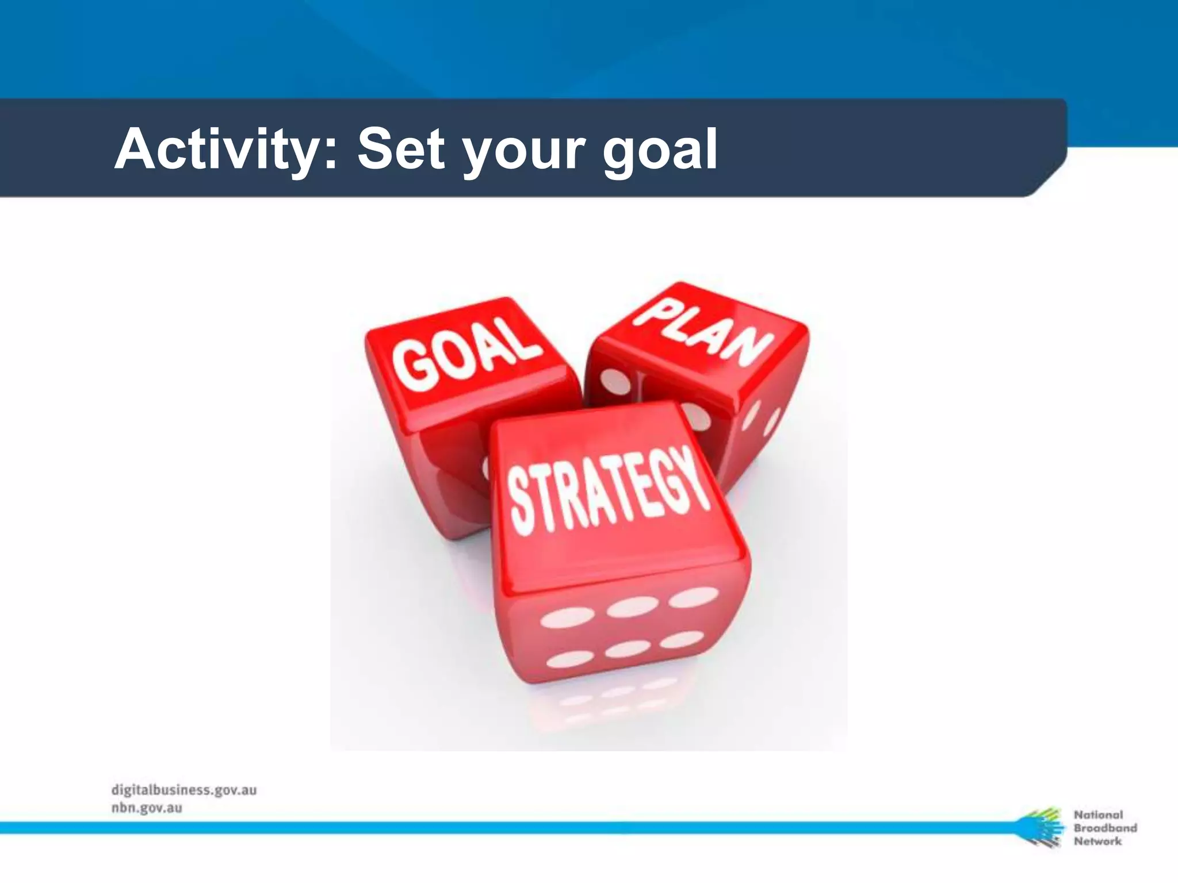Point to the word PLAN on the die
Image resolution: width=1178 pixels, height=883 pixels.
point(705,334)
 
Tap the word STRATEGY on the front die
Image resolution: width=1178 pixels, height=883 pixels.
point(607,491)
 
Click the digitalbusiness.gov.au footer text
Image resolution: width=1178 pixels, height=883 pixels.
point(184,790)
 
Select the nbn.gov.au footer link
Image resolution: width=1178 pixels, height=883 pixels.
point(147,808)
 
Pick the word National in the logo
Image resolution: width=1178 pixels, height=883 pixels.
point(1098,815)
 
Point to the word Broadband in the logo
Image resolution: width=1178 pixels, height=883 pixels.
point(1105,828)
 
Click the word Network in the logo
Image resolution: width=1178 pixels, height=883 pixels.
point(1097,841)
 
